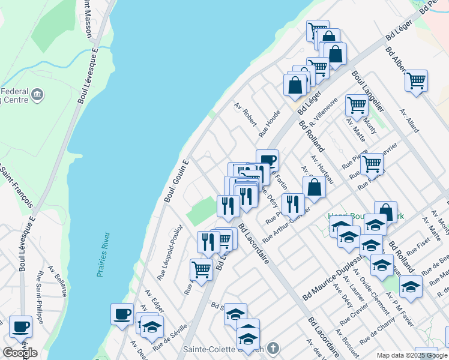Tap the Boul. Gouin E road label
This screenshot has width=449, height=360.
[x=177, y=180]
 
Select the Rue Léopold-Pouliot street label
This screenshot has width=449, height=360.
[x=169, y=253]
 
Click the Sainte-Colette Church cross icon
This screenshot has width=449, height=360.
[x=273, y=348]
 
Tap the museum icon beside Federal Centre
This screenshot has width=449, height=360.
[x=37, y=94]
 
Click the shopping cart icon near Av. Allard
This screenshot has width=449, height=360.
[x=416, y=80]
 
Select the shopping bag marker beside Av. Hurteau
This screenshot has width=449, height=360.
[x=314, y=187]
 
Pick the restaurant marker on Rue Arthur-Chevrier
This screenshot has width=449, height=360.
[x=293, y=204]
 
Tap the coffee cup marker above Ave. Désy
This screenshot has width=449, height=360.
[x=267, y=160]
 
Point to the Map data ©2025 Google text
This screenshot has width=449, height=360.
[x=411, y=355]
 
